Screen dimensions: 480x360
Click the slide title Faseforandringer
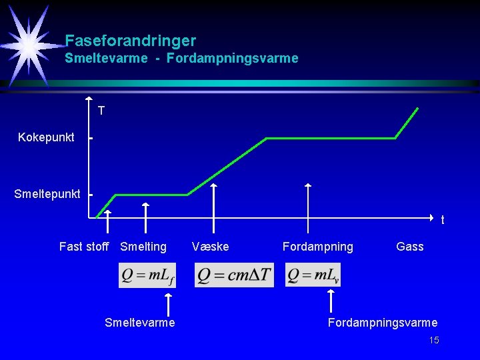[130, 41]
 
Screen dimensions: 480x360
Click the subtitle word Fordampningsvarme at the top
[233, 59]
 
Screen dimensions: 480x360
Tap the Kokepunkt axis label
[46, 137]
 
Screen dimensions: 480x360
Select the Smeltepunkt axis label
[47, 194]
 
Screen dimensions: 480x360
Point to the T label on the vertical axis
[101, 111]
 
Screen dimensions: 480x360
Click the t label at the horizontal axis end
[443, 220]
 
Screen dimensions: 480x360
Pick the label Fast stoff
[83, 247]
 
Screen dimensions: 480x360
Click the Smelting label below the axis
[143, 247]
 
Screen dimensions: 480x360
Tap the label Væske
[210, 247]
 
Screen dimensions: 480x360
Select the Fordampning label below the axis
[318, 247]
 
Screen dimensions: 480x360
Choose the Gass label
[409, 247]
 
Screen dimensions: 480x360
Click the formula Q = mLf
[147, 275]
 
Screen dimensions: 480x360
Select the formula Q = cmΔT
[234, 275]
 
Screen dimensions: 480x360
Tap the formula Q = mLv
[313, 275]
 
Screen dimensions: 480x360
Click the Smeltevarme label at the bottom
[140, 323]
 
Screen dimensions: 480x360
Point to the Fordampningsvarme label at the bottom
[382, 323]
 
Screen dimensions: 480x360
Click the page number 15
[434, 341]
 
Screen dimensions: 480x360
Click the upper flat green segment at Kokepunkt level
[331, 139]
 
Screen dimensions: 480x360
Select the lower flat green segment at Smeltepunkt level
[151, 195]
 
